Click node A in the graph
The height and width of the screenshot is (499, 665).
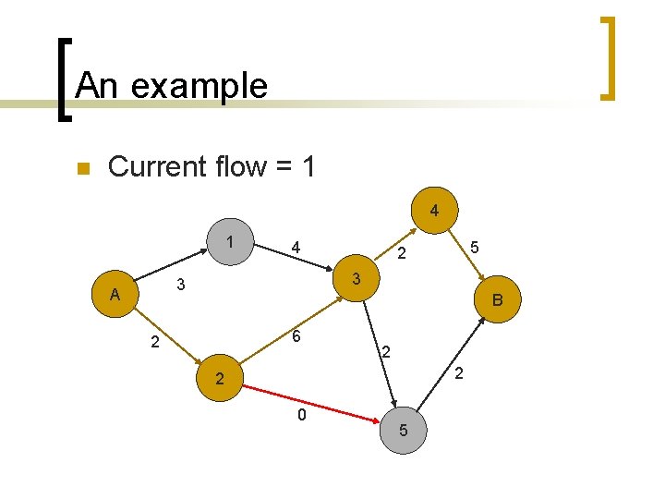pyautogui.click(x=115, y=296)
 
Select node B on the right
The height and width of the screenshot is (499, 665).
pyautogui.click(x=497, y=300)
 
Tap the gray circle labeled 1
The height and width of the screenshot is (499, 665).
pyautogui.click(x=228, y=242)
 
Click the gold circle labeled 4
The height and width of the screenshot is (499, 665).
pyautogui.click(x=434, y=211)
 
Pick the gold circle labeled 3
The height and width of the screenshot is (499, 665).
pyautogui.click(x=357, y=277)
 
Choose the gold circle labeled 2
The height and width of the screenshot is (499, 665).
pyautogui.click(x=218, y=379)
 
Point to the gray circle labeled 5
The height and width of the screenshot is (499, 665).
pyautogui.click(x=404, y=430)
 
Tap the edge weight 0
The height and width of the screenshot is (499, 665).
pyautogui.click(x=301, y=416)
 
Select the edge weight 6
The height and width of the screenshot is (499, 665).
pyautogui.click(x=297, y=338)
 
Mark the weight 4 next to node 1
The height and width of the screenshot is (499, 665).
pyautogui.click(x=295, y=248)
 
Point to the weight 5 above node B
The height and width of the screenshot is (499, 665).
pyautogui.click(x=474, y=248)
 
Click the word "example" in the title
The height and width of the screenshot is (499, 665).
pyautogui.click(x=199, y=86)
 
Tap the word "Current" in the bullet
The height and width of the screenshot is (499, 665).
pyautogui.click(x=157, y=167)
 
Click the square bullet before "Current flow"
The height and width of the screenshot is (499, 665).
pyautogui.click(x=82, y=169)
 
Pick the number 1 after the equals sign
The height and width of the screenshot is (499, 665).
pyautogui.click(x=308, y=167)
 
